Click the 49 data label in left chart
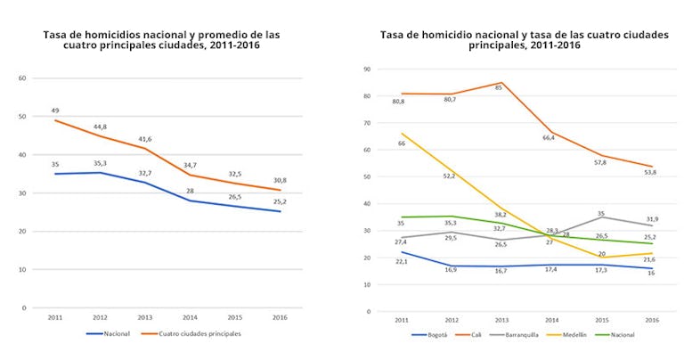click(x=54, y=111)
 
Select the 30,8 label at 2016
click(x=281, y=180)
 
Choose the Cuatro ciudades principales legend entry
click(x=199, y=334)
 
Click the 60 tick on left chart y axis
click(x=22, y=78)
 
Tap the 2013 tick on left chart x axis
click(x=144, y=318)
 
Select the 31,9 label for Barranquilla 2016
click(x=651, y=219)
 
